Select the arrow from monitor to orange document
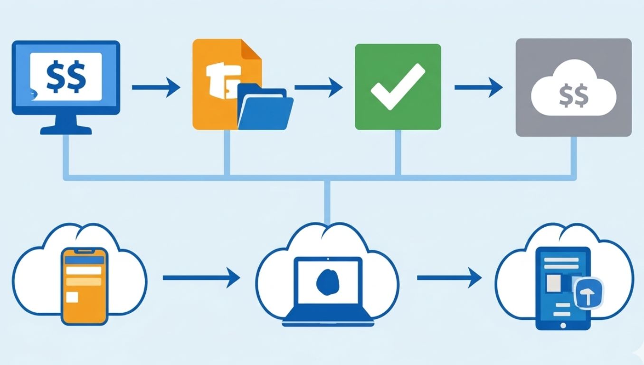(x=156, y=87)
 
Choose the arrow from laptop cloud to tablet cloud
(x=449, y=277)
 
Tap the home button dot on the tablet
(x=563, y=325)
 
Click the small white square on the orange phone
(x=72, y=298)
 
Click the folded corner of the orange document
(x=251, y=49)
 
